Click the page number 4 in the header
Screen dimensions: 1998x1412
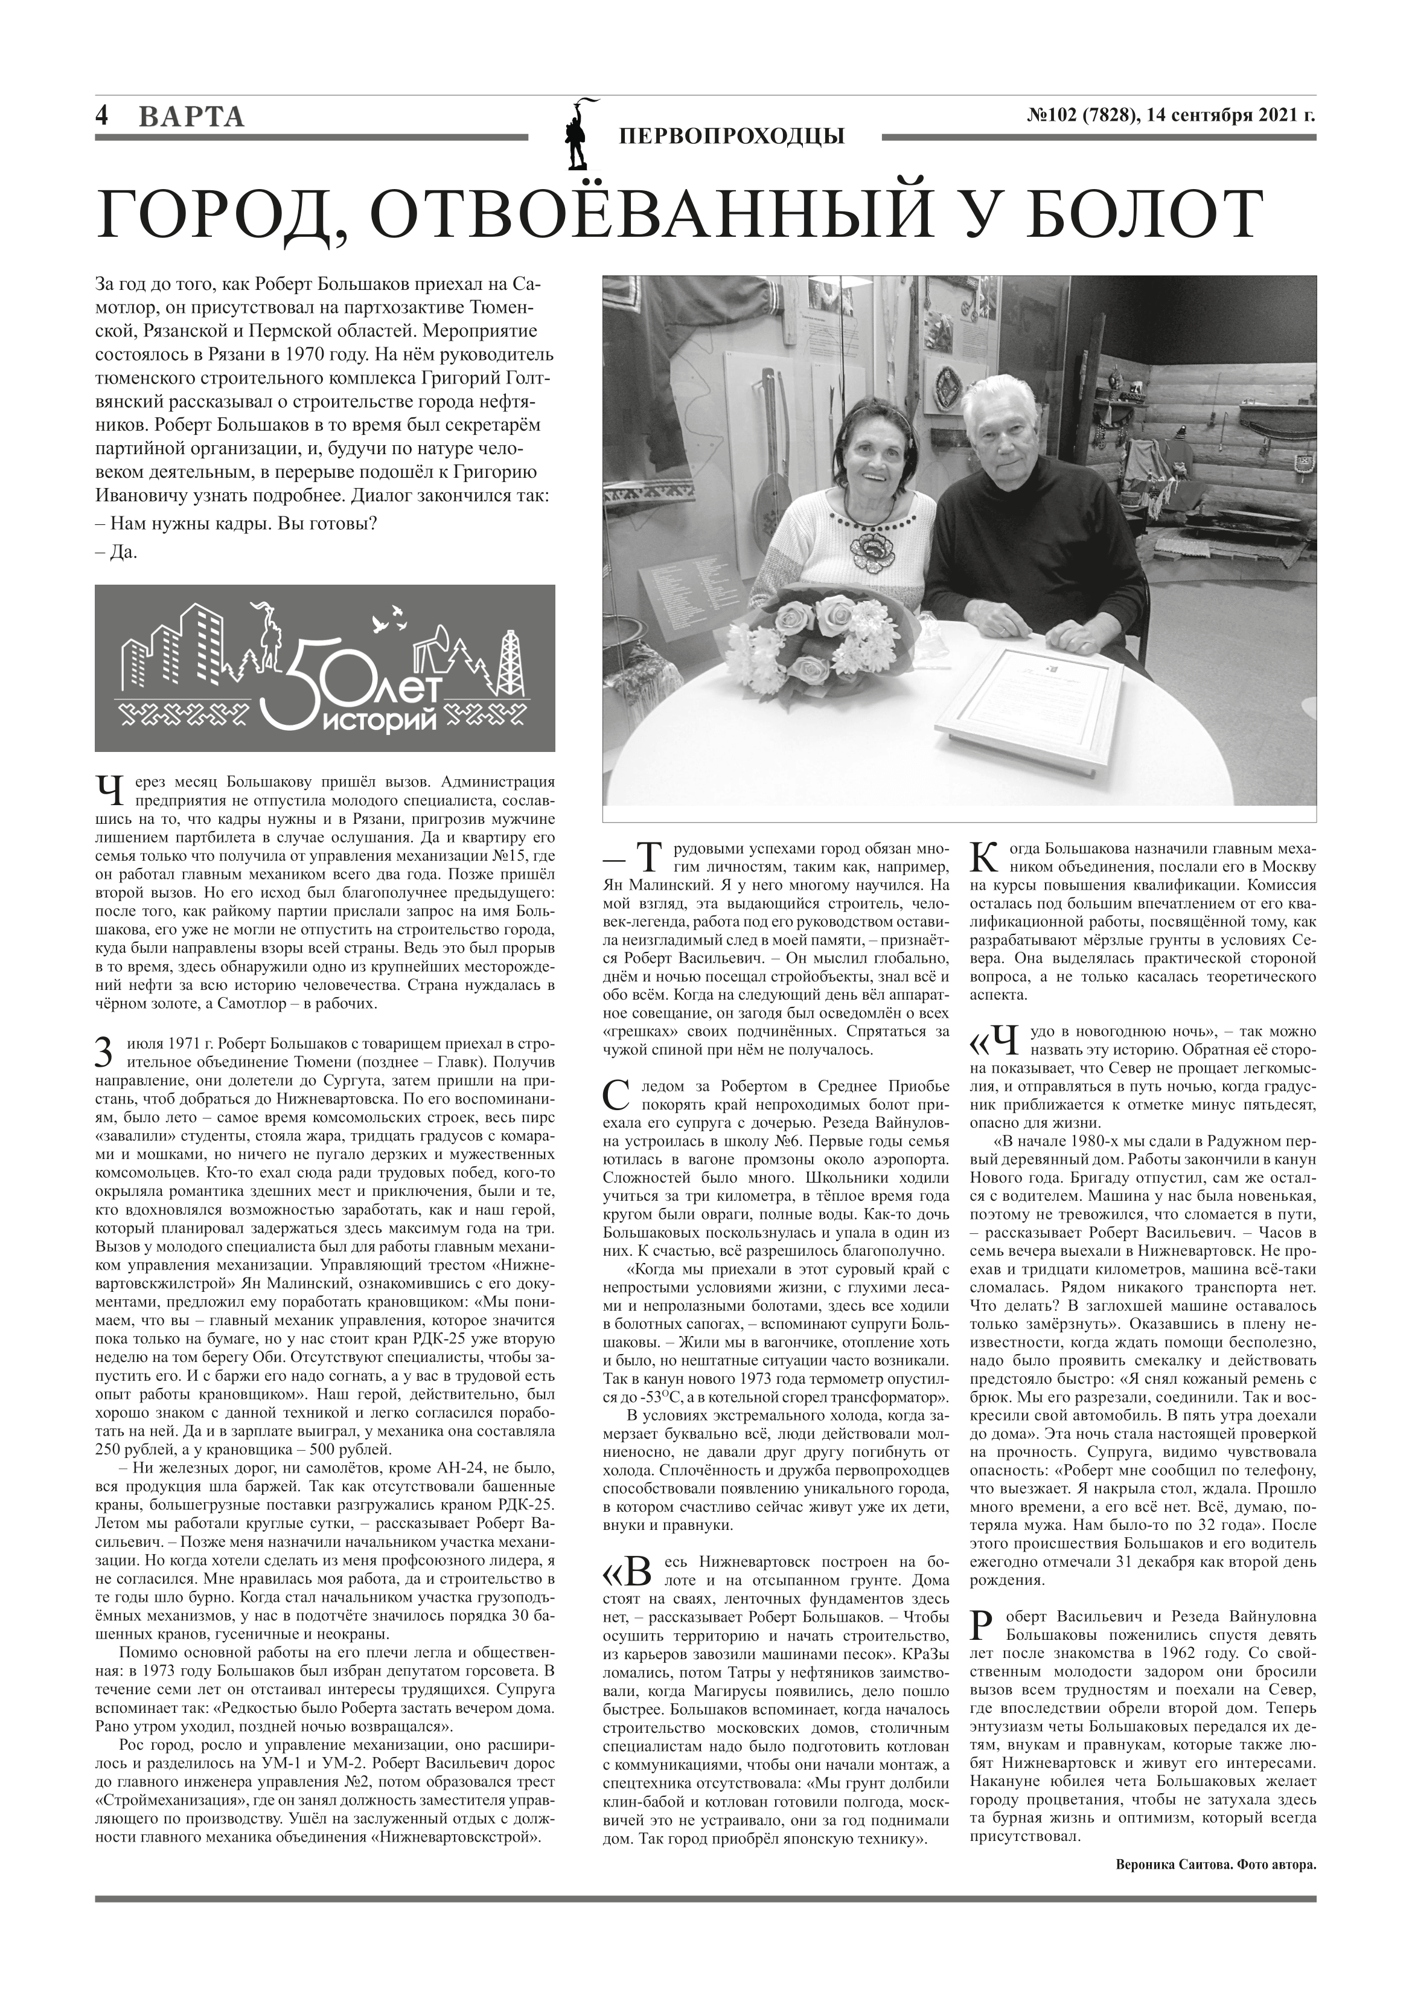point(102,117)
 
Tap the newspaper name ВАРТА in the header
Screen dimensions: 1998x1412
point(191,117)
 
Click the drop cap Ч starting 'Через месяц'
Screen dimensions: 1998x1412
point(108,791)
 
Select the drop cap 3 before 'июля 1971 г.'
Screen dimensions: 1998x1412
point(103,1053)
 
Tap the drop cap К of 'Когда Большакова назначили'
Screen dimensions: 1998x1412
point(980,857)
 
